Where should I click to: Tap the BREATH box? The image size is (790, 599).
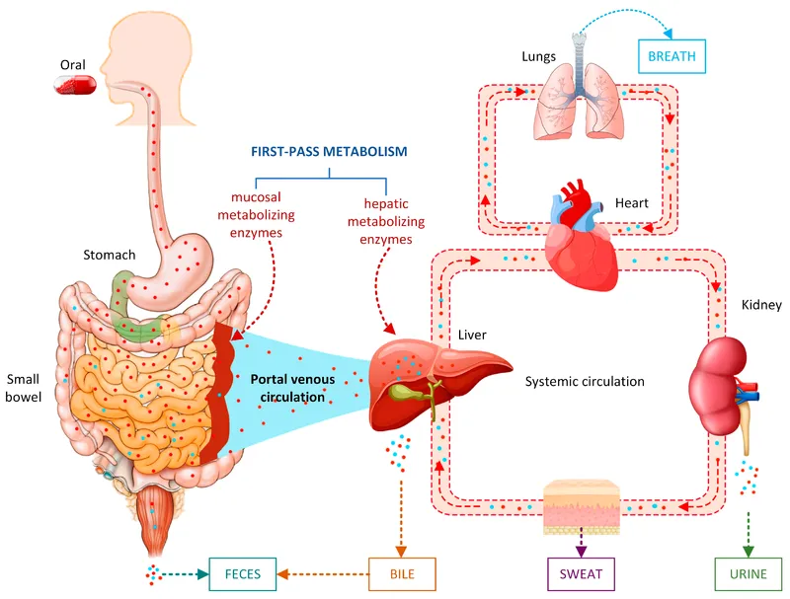(671, 56)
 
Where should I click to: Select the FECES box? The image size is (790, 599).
(238, 572)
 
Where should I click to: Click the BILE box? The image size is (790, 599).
(400, 572)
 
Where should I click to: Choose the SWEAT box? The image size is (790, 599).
(581, 572)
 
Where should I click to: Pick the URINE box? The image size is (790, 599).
(747, 572)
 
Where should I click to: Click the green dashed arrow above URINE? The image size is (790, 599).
(747, 533)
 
